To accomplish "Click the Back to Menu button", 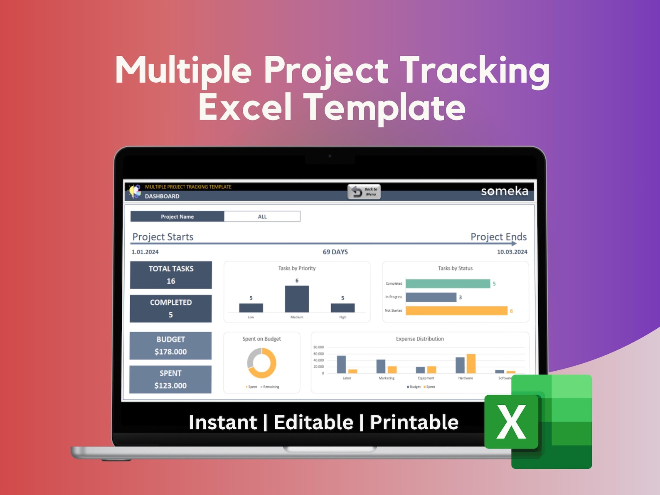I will (x=364, y=192).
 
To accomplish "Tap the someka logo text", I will (x=504, y=191).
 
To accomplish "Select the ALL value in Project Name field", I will (x=262, y=217).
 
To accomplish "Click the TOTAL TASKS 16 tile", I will (x=171, y=275).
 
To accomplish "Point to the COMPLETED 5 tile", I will (x=171, y=308).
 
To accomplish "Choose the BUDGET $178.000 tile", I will (x=170, y=345).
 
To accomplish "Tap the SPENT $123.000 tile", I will (x=170, y=379).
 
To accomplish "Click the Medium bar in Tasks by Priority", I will (x=297, y=299).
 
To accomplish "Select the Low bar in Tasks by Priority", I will (x=251, y=308).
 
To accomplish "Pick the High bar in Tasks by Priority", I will (x=342, y=308).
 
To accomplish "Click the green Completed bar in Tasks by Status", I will (x=448, y=283).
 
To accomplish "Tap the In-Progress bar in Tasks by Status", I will (x=431, y=297).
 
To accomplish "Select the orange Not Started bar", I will (x=456, y=311).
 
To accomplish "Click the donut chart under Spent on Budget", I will (x=262, y=363).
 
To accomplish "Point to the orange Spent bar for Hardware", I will (x=471, y=364).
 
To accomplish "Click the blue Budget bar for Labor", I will (x=341, y=364).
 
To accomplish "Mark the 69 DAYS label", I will (x=335, y=252).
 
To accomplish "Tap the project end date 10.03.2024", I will (x=512, y=252).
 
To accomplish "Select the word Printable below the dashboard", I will (x=414, y=422).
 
